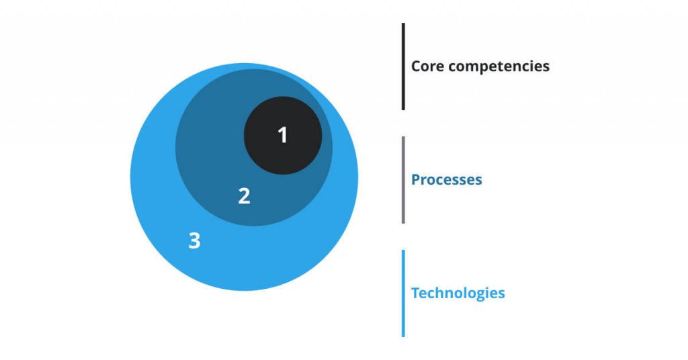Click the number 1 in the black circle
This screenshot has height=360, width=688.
283,135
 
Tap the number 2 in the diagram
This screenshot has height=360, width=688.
245,195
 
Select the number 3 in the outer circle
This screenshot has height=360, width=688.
194,240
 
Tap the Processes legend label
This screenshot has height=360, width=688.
446,180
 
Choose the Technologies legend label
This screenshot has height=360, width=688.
458,294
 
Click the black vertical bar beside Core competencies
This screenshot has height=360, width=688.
403,66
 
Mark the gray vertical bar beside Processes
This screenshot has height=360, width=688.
403,179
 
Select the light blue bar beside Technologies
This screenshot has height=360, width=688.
403,293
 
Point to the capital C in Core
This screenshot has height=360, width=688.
416,66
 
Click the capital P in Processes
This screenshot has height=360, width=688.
415,180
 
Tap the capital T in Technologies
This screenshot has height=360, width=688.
415,294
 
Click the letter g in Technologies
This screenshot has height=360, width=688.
484,295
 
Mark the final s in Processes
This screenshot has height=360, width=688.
478,181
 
